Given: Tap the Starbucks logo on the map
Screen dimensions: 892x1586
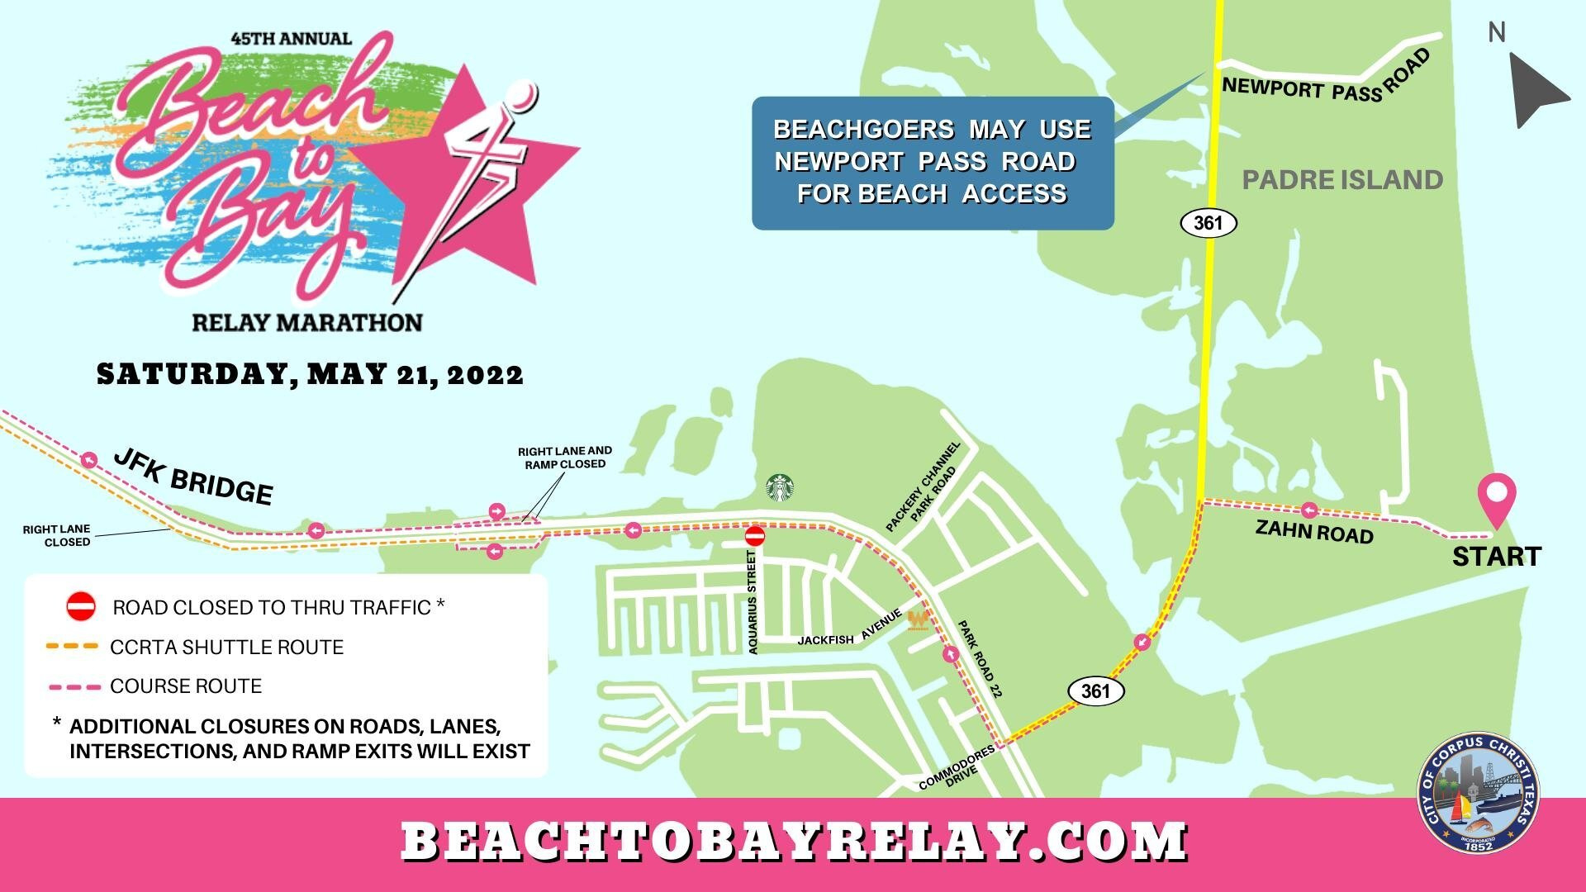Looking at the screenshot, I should pos(780,487).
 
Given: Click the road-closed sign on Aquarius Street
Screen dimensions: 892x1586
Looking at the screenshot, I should pos(755,536).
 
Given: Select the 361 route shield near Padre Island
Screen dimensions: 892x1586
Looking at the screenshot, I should pos(1208,223).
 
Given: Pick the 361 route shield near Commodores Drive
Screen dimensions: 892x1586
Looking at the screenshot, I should pos(1095,690).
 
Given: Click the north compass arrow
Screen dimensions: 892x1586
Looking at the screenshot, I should pos(1536,89).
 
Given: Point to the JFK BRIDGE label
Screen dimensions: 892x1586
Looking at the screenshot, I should pos(193,477).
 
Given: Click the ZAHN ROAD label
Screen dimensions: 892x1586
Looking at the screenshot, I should pos(1313,531).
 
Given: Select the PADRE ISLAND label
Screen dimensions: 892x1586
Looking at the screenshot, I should pos(1342,179).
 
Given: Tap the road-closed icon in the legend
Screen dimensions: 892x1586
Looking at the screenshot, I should pos(81,607).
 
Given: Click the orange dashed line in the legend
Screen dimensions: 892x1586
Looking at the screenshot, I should pos(73,646).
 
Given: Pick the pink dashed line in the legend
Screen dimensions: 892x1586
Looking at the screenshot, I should pos(73,686).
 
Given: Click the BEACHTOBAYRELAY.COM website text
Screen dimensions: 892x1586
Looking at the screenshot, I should pos(793,842).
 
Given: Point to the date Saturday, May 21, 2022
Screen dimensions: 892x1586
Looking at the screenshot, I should pos(311,374).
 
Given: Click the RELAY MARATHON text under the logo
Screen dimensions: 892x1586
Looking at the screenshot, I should pos(307,321).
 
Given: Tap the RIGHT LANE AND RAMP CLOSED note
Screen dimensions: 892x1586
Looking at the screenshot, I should pos(565,458).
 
